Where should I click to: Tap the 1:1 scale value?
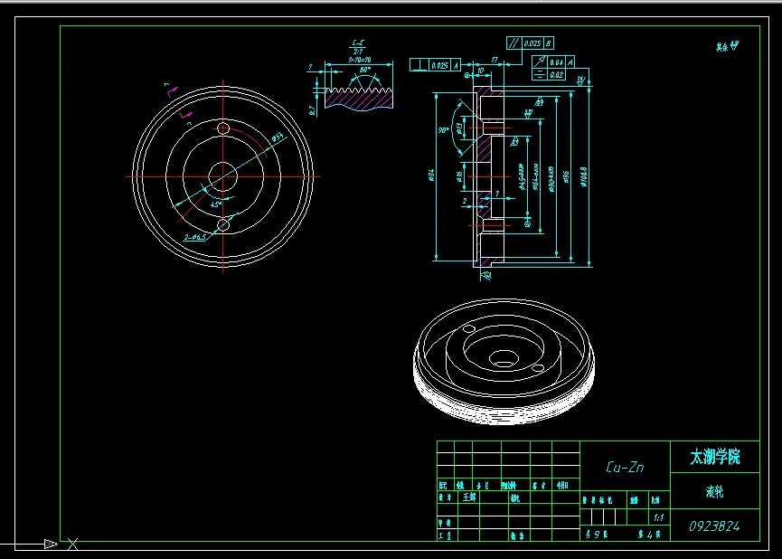coord(658,517)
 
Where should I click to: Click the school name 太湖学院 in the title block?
coord(715,458)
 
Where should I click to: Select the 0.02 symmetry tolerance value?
coord(556,75)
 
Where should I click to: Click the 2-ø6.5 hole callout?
coord(195,237)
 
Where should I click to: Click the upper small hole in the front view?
coord(223,129)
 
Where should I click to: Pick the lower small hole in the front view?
coord(223,221)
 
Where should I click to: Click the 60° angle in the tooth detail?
coord(365,70)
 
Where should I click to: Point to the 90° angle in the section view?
coord(444,130)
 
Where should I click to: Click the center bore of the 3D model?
coord(504,359)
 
